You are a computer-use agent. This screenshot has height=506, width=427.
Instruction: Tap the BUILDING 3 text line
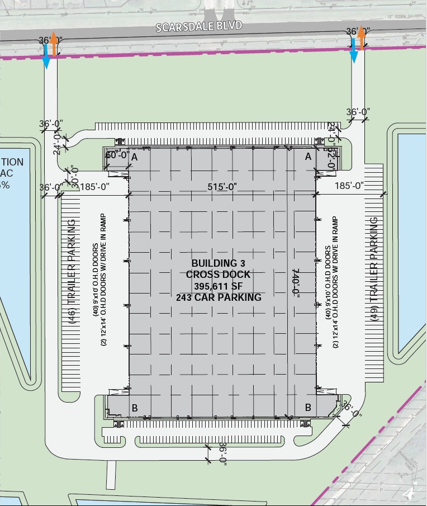219,263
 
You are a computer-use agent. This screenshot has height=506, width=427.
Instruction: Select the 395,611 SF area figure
219,286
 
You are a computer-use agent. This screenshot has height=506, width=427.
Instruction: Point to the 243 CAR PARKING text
219,297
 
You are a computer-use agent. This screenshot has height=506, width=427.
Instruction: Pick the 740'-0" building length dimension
295,283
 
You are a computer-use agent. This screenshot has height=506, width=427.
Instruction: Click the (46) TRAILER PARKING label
72,264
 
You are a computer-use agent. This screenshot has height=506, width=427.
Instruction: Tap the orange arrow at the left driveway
54,44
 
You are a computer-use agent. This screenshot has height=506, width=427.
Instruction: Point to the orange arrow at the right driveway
362,38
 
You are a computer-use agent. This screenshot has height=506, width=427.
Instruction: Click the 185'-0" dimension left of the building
95,187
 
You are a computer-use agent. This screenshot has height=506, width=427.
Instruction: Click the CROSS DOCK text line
219,275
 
